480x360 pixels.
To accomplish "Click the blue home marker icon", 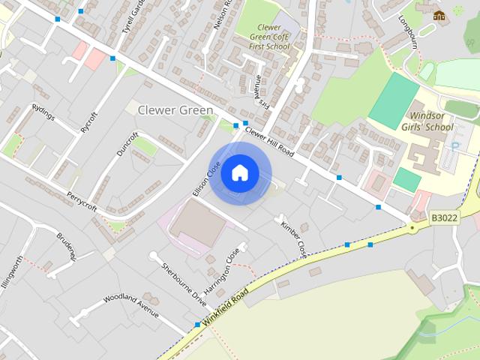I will click(239, 172).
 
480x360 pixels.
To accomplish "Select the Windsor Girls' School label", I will click(431, 121).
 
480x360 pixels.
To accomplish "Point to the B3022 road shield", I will click(443, 217).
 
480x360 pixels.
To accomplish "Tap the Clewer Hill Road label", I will click(269, 140).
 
